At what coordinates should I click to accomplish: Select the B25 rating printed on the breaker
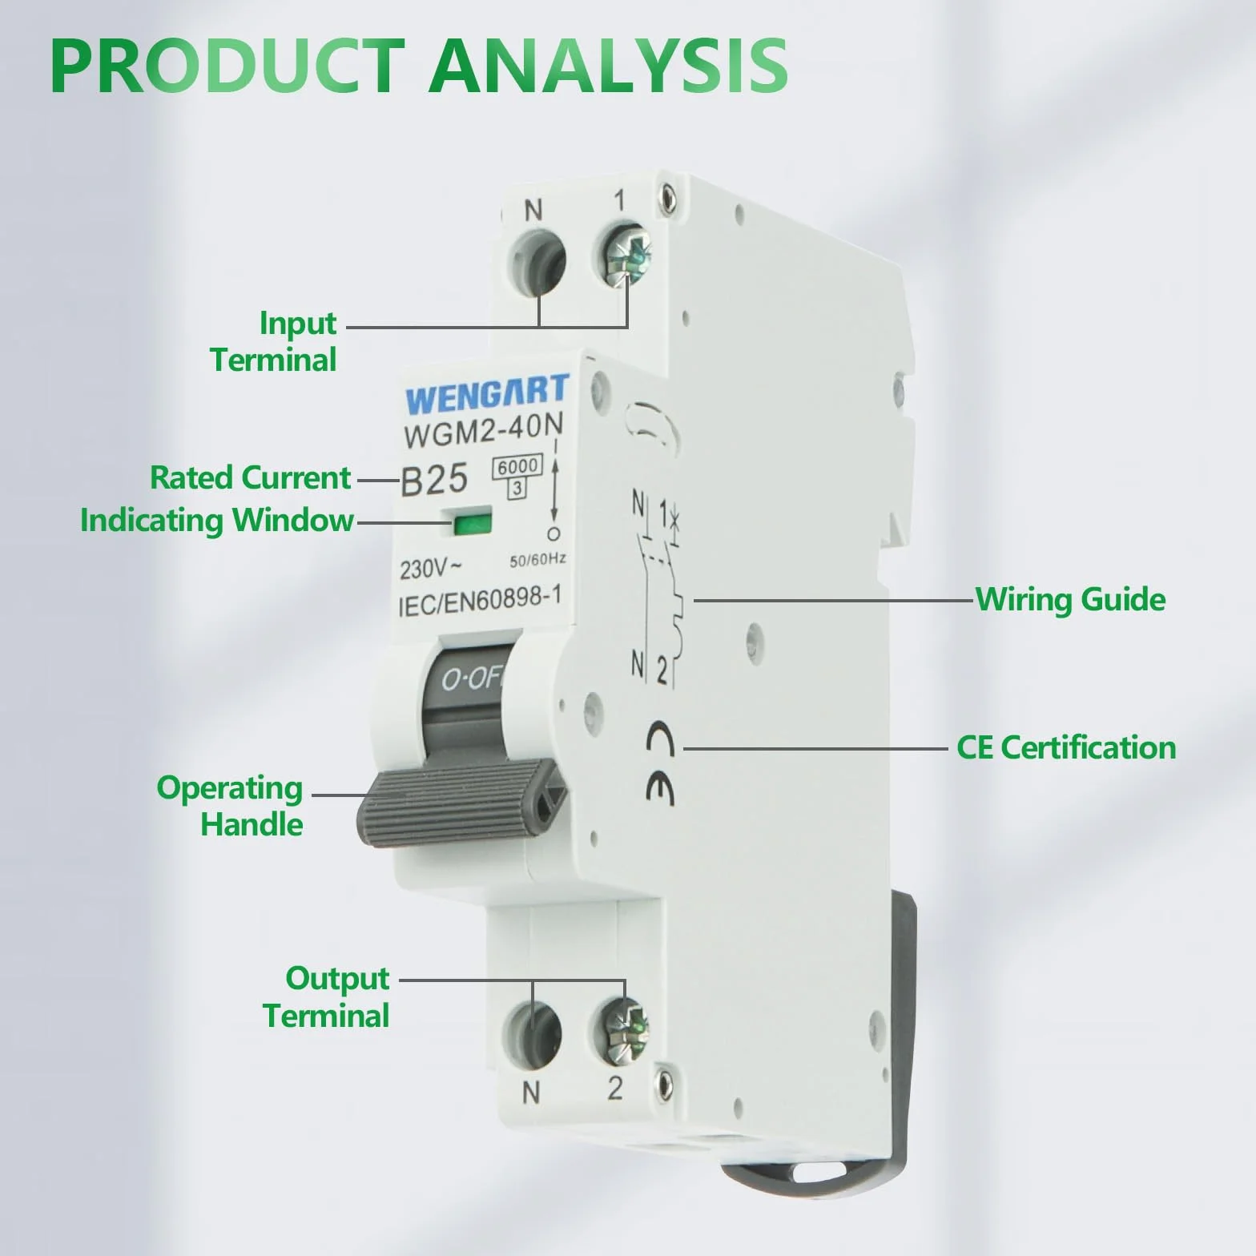point(434,480)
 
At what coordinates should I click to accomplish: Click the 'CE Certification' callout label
point(1066,747)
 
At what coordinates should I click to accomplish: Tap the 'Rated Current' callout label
point(250,478)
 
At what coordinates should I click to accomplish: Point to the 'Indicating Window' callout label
point(216,521)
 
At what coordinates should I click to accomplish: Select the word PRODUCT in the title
point(227,64)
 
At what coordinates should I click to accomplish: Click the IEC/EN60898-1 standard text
point(478,602)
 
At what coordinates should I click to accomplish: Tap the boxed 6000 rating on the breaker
point(518,466)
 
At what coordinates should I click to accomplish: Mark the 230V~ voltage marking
point(431,568)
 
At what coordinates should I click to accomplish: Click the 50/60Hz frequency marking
point(537,559)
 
